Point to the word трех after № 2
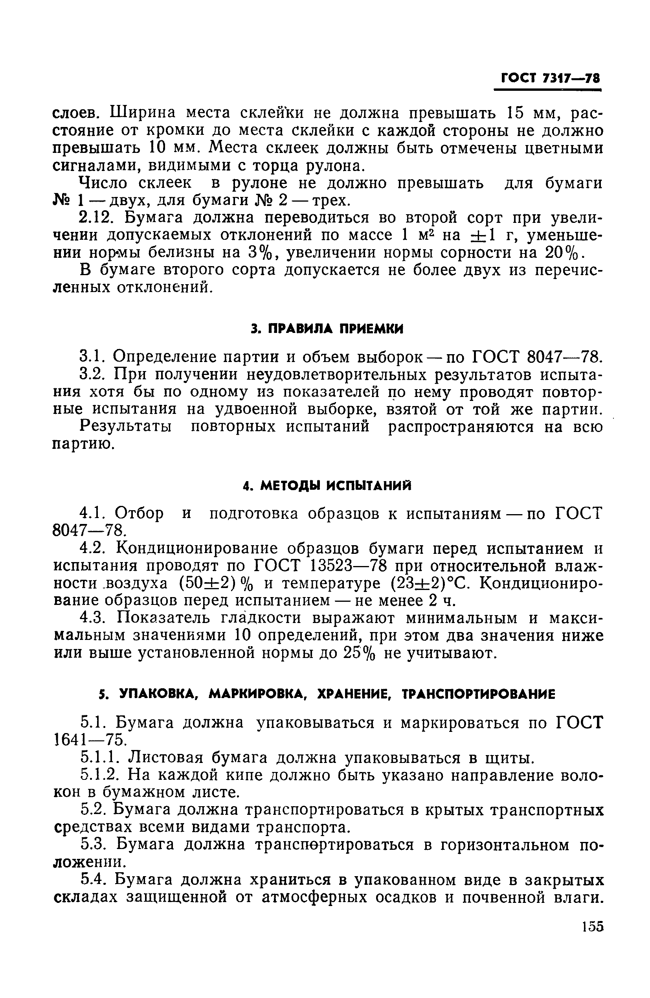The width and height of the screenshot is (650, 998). pos(327,201)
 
